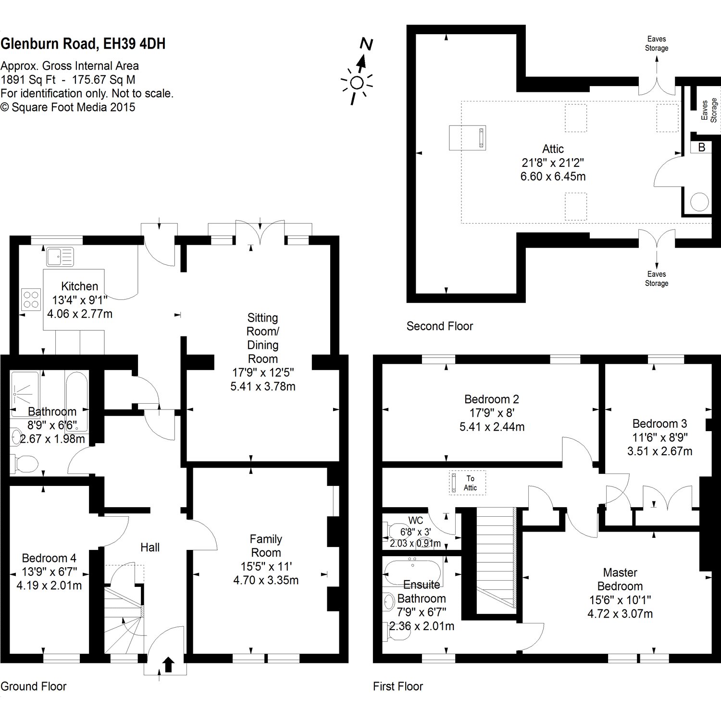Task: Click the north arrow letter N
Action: coord(367,44)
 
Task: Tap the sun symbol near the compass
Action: coord(357,83)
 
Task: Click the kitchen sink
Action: coord(60,256)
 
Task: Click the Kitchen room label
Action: coord(80,286)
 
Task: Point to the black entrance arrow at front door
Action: coord(168,664)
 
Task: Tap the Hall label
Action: coord(150,547)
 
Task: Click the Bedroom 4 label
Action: coord(49,558)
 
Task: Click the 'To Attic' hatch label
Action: coord(470,483)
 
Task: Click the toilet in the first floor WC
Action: coord(395,531)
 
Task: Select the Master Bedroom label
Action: coord(620,579)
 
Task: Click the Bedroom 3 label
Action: coord(659,423)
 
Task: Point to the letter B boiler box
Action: coord(701,148)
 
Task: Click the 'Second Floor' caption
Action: coord(440,326)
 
